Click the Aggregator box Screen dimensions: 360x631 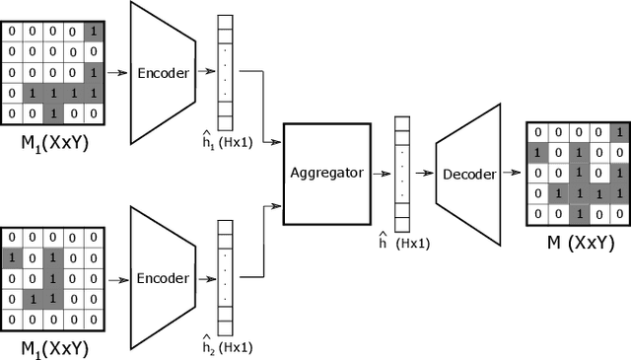pos(327,173)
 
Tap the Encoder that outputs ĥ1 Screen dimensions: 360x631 pos(162,71)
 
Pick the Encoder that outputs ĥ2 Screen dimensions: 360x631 pos(162,278)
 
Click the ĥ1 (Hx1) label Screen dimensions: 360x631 pos(230,138)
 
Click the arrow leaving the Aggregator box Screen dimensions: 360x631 pos(382,173)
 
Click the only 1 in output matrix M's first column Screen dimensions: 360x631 pos(535,153)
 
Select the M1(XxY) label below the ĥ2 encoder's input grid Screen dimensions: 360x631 pos(49,348)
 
